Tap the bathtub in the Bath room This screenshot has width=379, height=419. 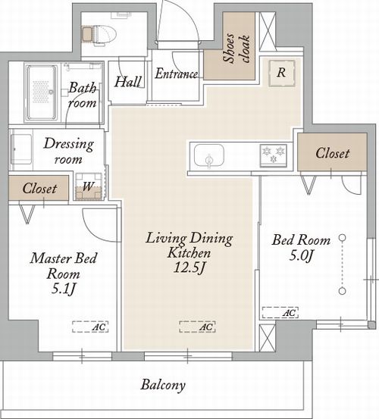[x=42, y=92]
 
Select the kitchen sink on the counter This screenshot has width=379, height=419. [x=209, y=156]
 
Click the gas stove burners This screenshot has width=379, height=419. [x=274, y=155]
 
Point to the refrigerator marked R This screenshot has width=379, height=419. [x=282, y=73]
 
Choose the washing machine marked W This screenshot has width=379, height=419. [x=89, y=186]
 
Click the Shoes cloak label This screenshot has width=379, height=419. [x=236, y=48]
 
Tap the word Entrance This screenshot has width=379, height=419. [x=177, y=73]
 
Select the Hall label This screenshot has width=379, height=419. [x=128, y=82]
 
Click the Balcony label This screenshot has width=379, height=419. [x=163, y=385]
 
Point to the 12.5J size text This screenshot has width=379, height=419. [x=189, y=267]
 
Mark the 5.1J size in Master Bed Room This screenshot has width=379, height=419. [x=64, y=289]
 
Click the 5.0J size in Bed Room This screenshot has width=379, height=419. [x=301, y=256]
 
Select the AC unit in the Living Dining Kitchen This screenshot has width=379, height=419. [x=197, y=327]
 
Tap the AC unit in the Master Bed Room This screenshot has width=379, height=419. [x=90, y=327]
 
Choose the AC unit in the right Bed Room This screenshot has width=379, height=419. [x=280, y=313]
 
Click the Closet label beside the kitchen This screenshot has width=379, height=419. [x=333, y=153]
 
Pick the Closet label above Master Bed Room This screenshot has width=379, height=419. [x=39, y=189]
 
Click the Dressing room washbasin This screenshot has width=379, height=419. [x=21, y=149]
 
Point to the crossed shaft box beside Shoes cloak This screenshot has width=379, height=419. [x=268, y=32]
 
